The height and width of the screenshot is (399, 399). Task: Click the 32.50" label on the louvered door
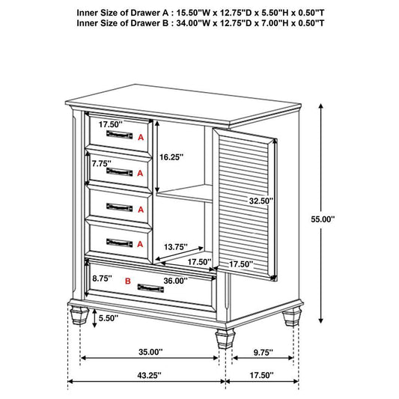[x=261, y=201]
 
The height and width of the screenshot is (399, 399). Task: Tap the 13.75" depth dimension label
[x=175, y=246]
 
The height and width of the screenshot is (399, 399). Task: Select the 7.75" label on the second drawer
[x=102, y=162]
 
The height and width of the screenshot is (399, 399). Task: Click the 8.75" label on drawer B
[x=102, y=277]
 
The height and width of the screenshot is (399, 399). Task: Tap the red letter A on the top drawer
[x=140, y=137]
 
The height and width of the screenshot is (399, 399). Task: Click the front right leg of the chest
[x=222, y=339]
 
